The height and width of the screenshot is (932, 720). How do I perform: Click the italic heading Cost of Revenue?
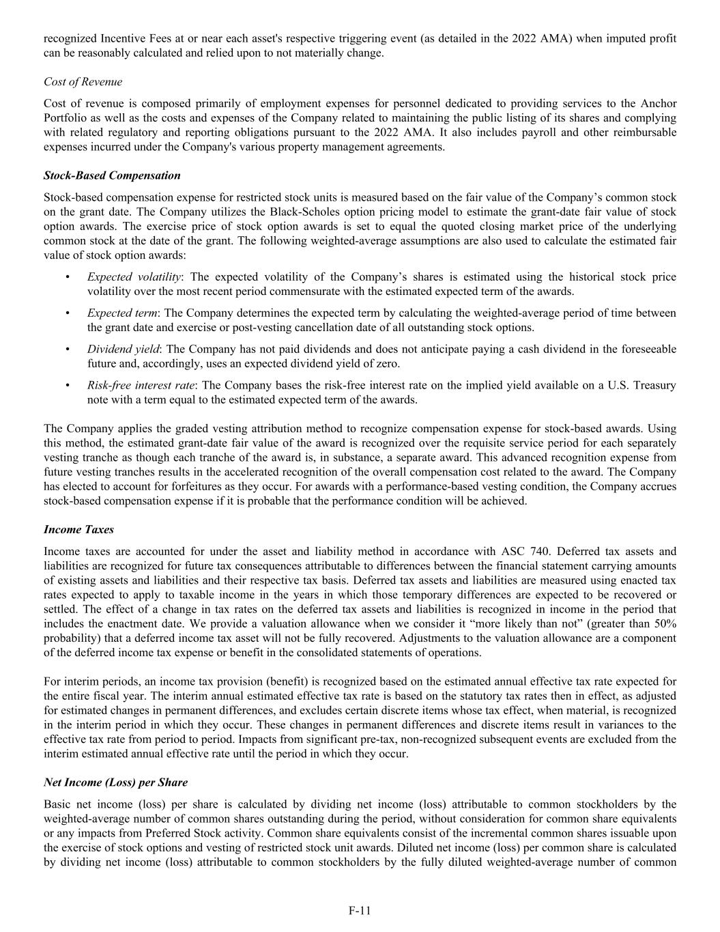(83, 82)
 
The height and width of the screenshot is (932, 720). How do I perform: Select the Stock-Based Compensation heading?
(112, 175)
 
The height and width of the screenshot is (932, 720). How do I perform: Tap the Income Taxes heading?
(78, 530)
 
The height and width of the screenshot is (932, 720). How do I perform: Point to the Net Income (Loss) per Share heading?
(115, 782)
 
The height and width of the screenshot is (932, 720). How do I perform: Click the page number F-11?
(360, 910)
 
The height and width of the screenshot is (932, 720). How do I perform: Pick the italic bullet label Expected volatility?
(134, 277)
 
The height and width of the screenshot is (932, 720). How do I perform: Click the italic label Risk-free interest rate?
(141, 385)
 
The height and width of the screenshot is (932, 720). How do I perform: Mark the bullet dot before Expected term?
(67, 313)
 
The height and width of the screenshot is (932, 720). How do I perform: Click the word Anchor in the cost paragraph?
(658, 104)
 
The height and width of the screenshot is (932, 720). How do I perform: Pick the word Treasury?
(655, 385)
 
